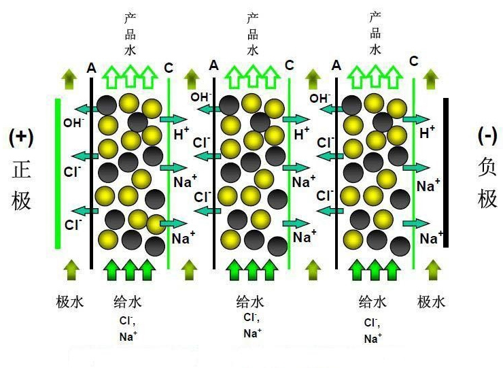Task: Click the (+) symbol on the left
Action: pos(21,137)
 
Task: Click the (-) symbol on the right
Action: pos(487,135)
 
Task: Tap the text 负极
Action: pos(487,183)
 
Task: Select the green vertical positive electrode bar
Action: pos(58,173)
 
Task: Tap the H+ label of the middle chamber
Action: pos(302,134)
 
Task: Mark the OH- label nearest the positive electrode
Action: pos(73,122)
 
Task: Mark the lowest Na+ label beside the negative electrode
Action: pos(431,238)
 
